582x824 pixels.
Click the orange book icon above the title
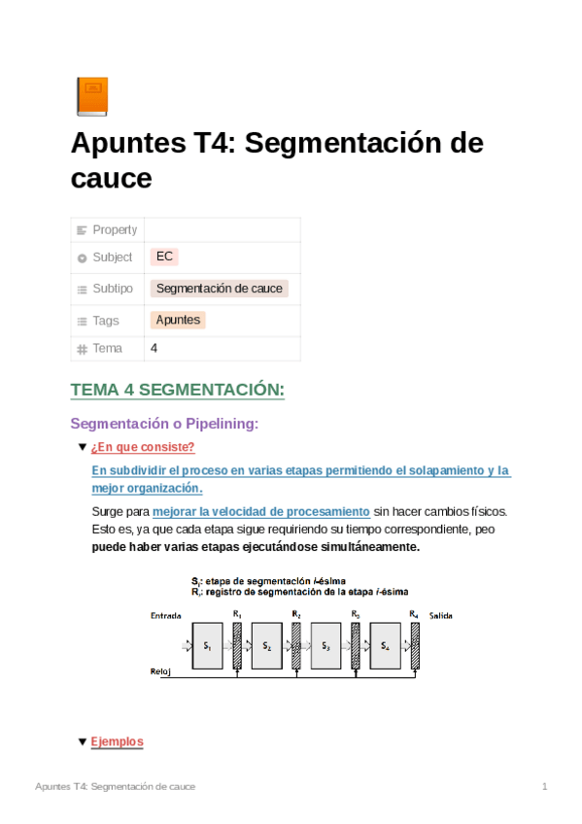tap(91, 96)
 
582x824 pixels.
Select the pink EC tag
tap(164, 257)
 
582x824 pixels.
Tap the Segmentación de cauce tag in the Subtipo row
tap(220, 289)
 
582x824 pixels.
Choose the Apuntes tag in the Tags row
tap(178, 320)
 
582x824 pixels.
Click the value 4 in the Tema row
tap(154, 348)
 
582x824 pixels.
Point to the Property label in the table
tap(115, 229)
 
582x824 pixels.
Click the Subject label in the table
tap(112, 257)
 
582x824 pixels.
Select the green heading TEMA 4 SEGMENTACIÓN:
tap(177, 391)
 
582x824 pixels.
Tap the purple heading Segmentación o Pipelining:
tap(164, 424)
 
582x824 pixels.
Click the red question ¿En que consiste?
tap(143, 448)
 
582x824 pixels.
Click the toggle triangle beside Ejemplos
tap(82, 741)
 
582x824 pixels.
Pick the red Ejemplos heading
tap(117, 741)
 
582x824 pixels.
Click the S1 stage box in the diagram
tap(207, 646)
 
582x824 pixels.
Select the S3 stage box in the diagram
tap(325, 646)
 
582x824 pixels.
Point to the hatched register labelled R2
tap(297, 644)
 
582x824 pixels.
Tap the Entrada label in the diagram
tap(165, 616)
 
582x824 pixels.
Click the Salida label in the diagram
tap(440, 616)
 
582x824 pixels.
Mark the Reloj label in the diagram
tap(160, 671)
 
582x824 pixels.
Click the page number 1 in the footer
tap(545, 786)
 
